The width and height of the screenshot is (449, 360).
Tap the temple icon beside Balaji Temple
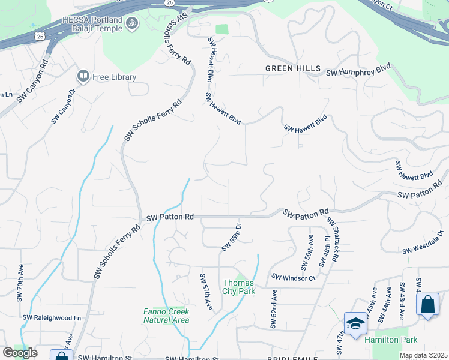[x=133, y=24]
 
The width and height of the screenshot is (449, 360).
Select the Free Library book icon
[x=83, y=77]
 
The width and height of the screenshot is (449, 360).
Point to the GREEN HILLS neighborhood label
[x=293, y=68]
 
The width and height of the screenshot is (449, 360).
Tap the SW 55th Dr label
[x=231, y=236]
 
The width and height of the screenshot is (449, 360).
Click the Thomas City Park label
[x=239, y=287]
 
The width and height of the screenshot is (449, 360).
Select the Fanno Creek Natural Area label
[x=166, y=316]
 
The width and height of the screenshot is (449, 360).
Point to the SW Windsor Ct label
[x=294, y=277]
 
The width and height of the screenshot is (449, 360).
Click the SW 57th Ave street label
[x=206, y=292]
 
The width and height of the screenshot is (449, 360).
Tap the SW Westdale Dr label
[x=423, y=242]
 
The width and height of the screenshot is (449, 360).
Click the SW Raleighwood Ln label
[x=52, y=317]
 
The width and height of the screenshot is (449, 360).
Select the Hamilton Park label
[x=391, y=340]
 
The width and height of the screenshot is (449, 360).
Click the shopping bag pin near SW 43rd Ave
[x=427, y=304]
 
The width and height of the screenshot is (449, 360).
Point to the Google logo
[x=20, y=353]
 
